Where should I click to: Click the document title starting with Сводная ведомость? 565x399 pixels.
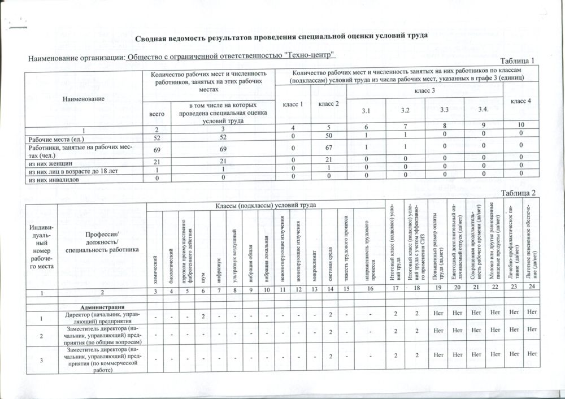pos(280,37)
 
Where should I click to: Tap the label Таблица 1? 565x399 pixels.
pos(518,61)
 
